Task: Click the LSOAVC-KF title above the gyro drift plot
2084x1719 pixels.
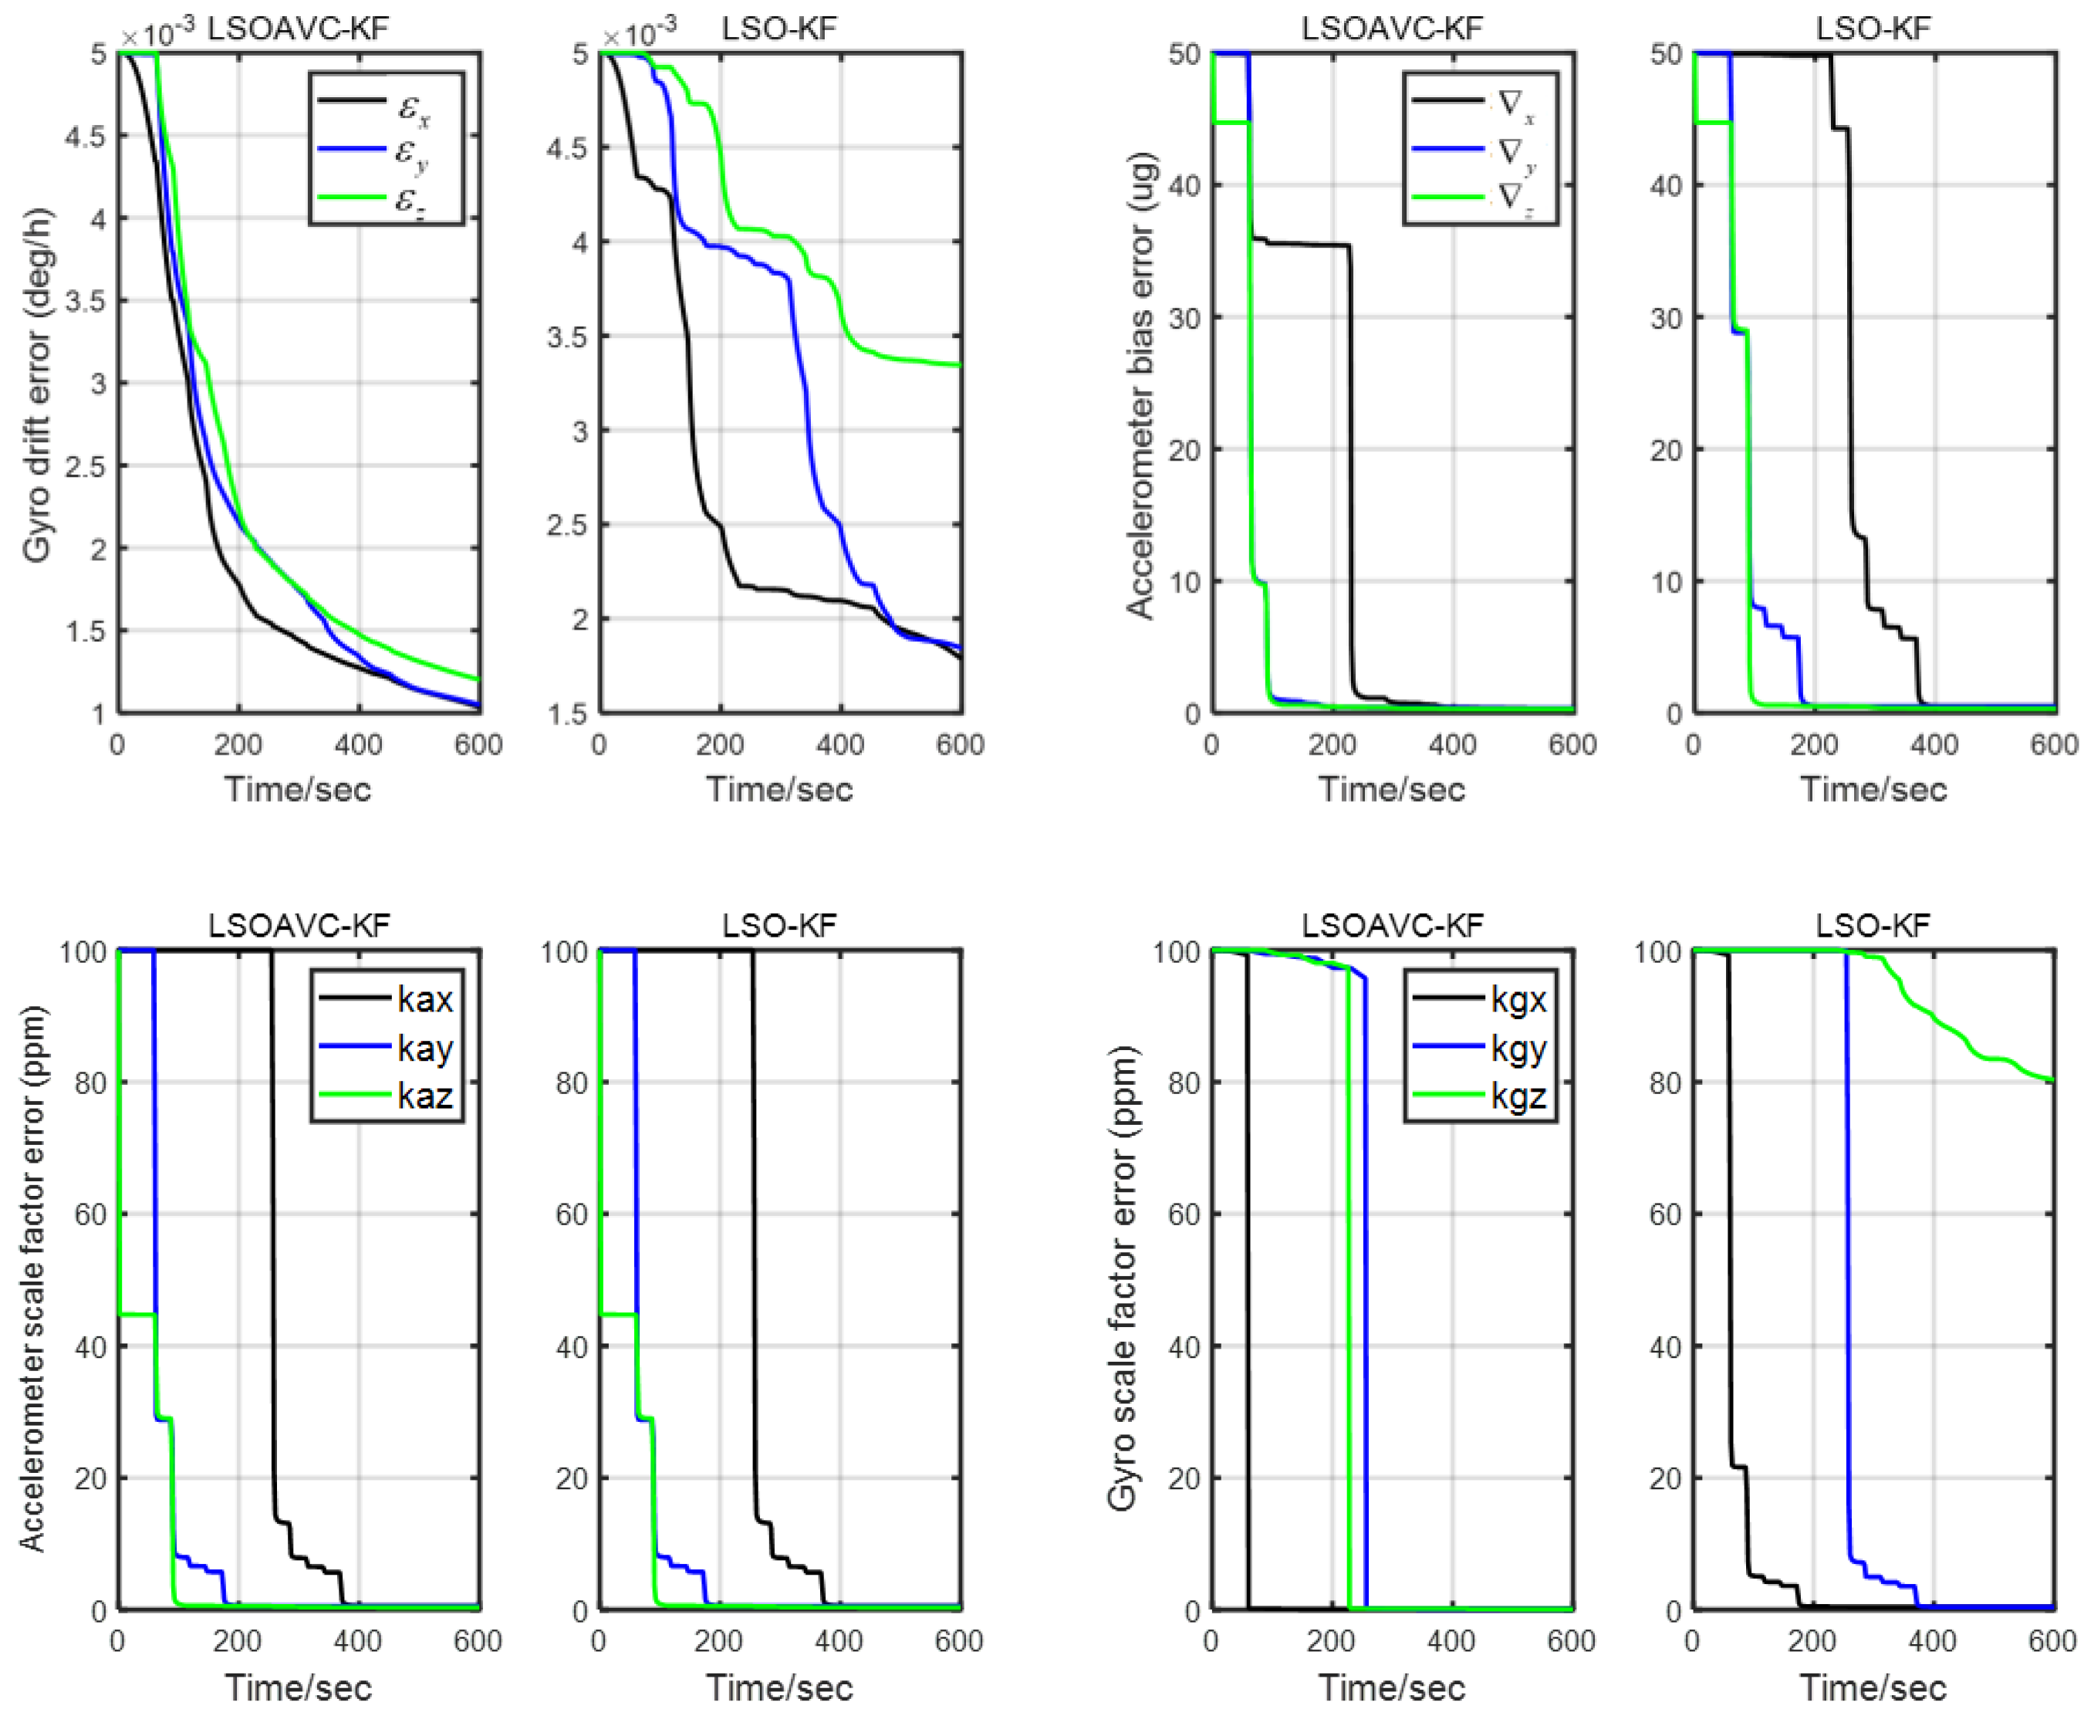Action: pyautogui.click(x=298, y=28)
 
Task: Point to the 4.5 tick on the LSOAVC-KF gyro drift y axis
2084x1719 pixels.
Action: pyautogui.click(x=86, y=136)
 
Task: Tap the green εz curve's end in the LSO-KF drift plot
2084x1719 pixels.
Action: pyautogui.click(x=958, y=364)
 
